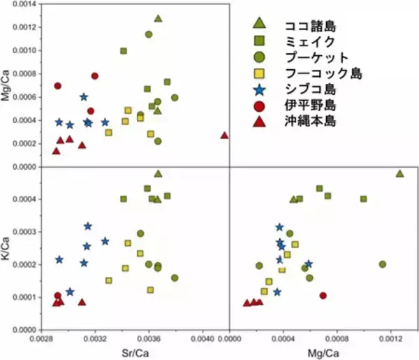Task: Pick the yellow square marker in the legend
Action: [258, 73]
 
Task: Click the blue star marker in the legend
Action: [258, 89]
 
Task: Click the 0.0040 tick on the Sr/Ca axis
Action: [203, 338]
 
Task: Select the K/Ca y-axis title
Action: [6, 248]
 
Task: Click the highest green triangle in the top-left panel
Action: [158, 18]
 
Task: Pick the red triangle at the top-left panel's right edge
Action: [224, 135]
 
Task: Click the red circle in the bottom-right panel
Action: [323, 296]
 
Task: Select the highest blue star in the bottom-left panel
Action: [88, 226]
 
